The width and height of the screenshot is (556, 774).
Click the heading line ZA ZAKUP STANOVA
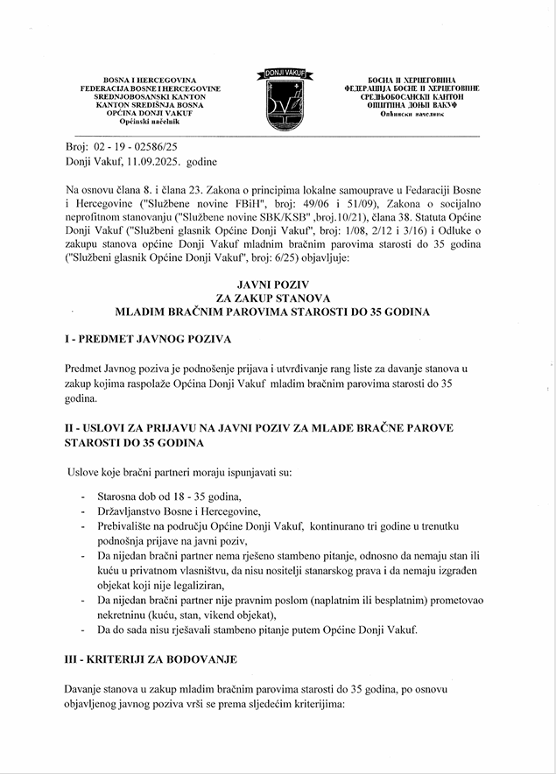point(278,299)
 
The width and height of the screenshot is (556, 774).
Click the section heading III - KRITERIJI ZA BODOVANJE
point(150,658)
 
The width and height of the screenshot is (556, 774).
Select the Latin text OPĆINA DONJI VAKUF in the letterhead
point(150,114)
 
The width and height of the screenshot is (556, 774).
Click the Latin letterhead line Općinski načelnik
point(150,123)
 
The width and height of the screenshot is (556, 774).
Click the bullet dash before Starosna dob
point(82,496)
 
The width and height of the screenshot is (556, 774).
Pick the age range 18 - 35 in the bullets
point(183,496)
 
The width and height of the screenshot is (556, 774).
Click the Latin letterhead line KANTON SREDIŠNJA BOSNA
point(150,105)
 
